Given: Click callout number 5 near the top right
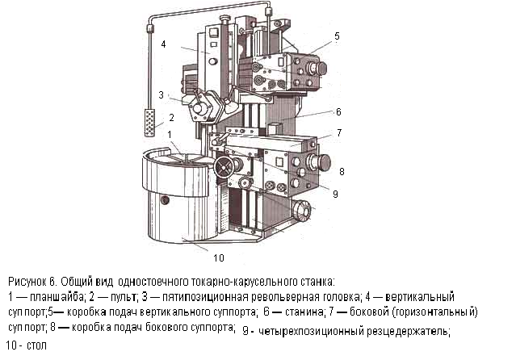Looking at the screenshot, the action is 337,36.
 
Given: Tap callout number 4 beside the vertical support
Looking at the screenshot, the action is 164,44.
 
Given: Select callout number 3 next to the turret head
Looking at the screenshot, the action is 161,95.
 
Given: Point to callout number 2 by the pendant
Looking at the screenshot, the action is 171,118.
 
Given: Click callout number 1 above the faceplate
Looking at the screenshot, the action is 170,134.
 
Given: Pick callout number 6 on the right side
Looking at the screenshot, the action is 338,112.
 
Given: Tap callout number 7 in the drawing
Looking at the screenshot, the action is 339,132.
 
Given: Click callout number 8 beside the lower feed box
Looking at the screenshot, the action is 342,171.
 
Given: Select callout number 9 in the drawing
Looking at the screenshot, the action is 335,195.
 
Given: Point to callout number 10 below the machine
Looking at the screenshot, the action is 219,257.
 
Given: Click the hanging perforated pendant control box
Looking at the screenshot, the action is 149,123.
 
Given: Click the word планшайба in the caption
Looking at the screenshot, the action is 57,297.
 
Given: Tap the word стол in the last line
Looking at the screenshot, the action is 36,345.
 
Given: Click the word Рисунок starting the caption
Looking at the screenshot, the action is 27,282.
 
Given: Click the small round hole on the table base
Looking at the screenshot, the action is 165,199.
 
